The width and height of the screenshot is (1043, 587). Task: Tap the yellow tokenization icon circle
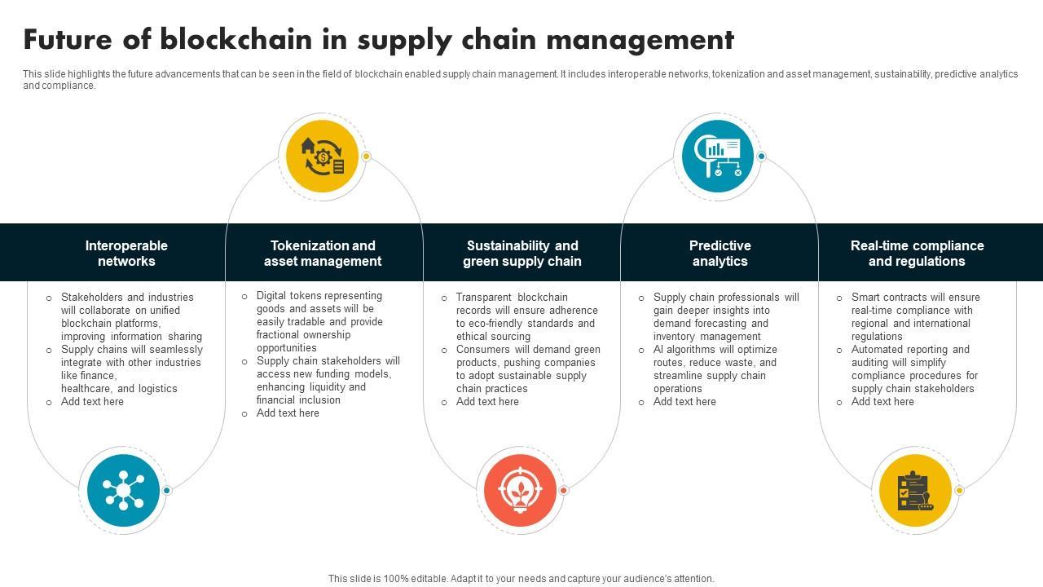323,156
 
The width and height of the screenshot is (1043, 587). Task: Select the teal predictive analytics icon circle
718,156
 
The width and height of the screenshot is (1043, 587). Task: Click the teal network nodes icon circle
124,490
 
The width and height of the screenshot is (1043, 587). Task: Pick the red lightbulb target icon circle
520,490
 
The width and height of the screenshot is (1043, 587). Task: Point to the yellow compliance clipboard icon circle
915,490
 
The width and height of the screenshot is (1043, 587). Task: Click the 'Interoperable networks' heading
126,253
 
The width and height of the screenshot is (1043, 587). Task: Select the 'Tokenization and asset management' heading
323,253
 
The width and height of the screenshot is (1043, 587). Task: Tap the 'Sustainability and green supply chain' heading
522,253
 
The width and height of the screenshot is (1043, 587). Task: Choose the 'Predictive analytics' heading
720,253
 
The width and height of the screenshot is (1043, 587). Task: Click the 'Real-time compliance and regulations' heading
917,253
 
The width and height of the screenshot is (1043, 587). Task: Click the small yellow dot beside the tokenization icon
367,156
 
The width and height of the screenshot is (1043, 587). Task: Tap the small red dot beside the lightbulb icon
563,490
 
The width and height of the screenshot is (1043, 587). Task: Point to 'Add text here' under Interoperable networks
92,401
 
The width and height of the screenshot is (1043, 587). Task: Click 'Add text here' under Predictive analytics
684,401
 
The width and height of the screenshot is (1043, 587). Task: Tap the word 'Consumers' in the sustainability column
482,349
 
